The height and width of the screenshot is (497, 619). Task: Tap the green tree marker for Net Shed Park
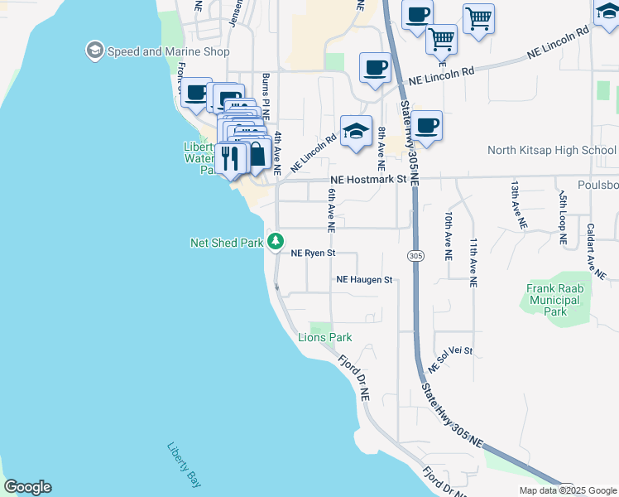(x=276, y=243)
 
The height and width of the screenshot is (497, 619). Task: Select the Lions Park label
(x=325, y=337)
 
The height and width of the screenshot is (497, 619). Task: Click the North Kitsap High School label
(x=552, y=150)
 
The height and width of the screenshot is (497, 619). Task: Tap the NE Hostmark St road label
(x=368, y=179)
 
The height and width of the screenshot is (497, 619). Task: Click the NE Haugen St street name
(x=364, y=280)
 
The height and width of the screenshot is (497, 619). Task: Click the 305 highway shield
(x=415, y=257)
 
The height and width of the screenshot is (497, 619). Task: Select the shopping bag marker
(x=256, y=154)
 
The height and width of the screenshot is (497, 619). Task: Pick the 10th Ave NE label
(x=448, y=236)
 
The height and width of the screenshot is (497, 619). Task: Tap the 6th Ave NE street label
(x=330, y=209)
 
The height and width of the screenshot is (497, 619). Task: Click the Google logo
(x=27, y=487)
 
